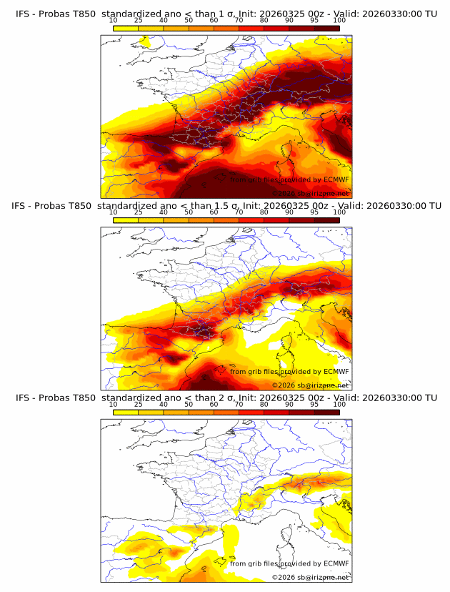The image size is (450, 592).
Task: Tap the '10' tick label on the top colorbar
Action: tap(114, 21)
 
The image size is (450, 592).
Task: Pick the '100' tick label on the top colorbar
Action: tap(339, 21)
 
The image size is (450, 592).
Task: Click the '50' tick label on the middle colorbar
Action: tap(189, 212)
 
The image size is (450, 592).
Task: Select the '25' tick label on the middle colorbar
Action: tap(139, 212)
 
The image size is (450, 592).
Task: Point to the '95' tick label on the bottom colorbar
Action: tap(314, 405)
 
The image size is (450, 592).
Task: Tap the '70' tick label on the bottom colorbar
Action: tap(239, 405)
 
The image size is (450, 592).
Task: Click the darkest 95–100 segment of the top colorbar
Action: tap(326, 29)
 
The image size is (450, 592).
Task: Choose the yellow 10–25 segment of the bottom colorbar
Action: tap(126, 413)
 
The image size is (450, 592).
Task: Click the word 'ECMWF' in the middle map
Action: tap(336, 371)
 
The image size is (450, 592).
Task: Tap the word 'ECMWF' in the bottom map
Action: tap(336, 563)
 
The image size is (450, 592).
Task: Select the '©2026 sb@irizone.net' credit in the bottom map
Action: tap(310, 577)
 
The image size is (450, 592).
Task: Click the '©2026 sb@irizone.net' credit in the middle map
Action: tap(310, 385)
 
